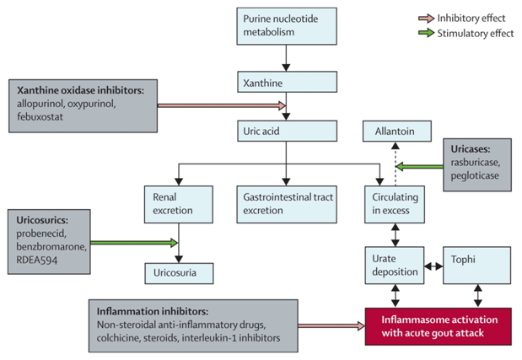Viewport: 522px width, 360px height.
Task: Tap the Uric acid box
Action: [x=287, y=131]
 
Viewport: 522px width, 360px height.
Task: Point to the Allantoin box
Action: [x=396, y=131]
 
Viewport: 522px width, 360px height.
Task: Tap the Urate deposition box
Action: [x=396, y=264]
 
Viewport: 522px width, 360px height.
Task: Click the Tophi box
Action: [x=476, y=264]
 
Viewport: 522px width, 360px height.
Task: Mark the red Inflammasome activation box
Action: [x=438, y=325]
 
